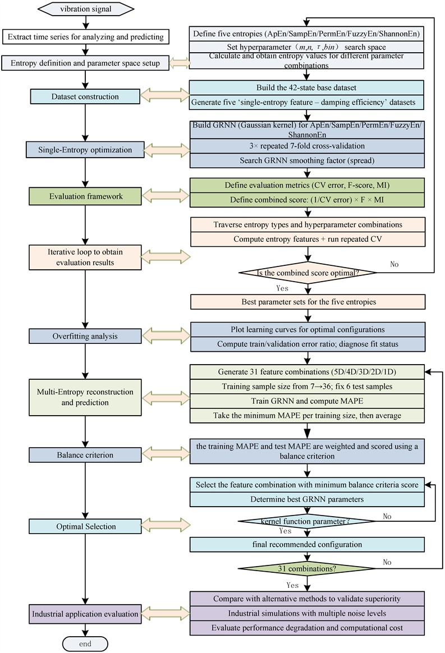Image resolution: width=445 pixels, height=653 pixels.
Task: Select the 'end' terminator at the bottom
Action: click(84, 643)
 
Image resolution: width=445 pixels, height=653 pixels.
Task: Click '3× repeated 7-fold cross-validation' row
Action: click(306, 146)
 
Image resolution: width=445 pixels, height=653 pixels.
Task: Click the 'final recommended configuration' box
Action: click(306, 544)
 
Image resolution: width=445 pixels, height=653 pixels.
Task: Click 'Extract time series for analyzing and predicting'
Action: click(84, 37)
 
